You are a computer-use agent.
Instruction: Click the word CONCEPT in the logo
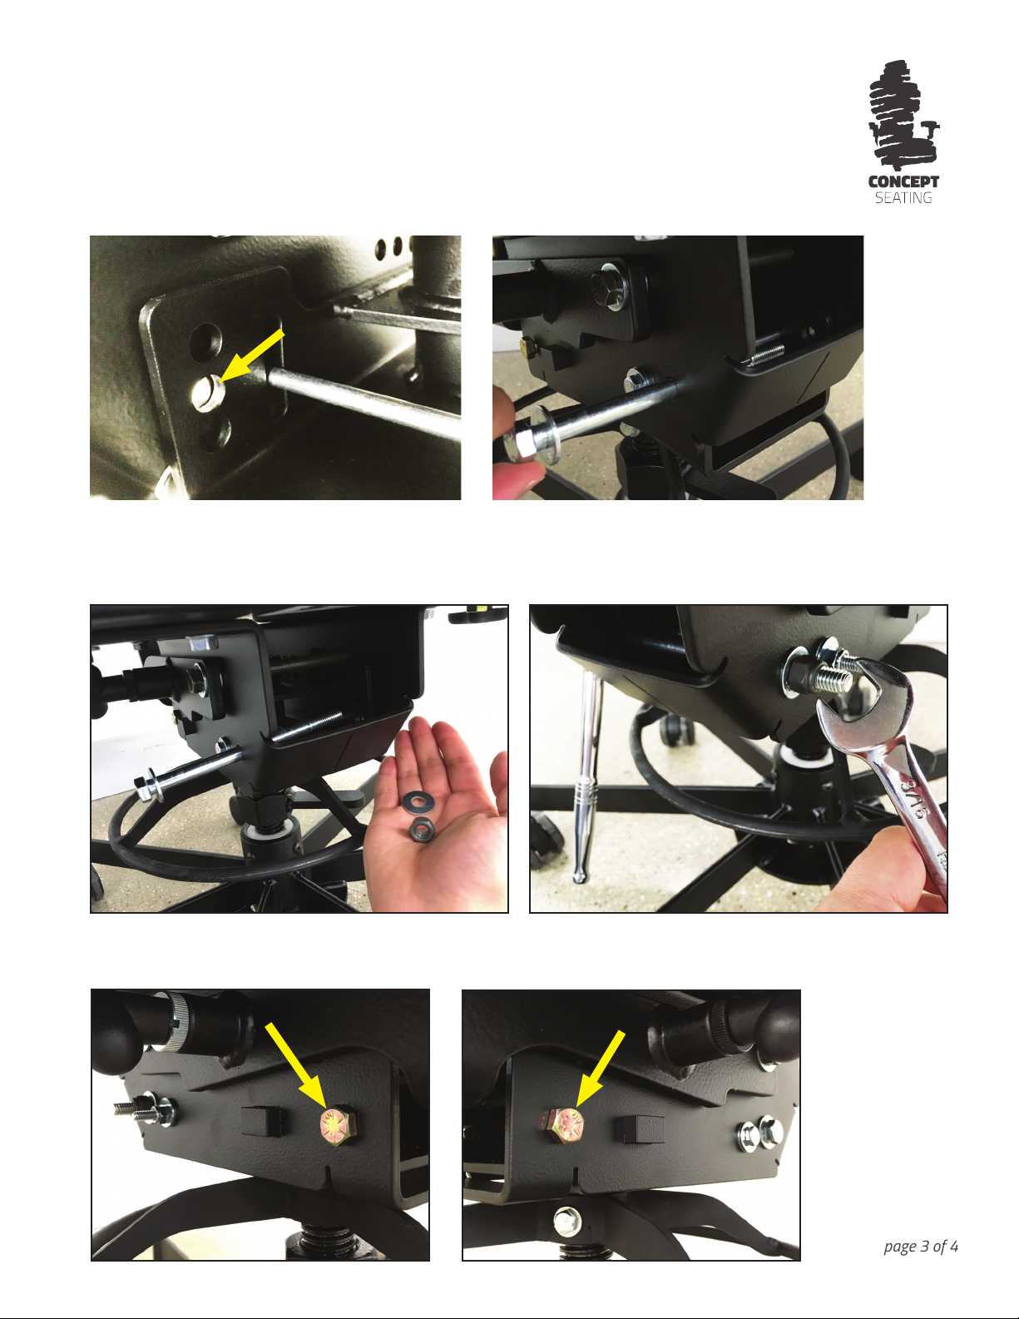tap(903, 181)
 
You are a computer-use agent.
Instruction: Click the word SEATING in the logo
tap(903, 198)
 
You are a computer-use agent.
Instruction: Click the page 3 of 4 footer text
tap(921, 1247)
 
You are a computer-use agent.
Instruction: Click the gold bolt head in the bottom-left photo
tap(337, 1127)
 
